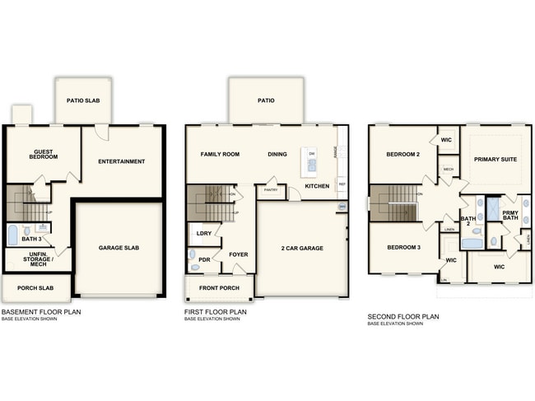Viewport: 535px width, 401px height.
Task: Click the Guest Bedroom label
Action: tap(44, 154)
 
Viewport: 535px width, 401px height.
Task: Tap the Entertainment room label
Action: tap(121, 161)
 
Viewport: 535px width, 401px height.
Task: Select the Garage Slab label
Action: tap(118, 247)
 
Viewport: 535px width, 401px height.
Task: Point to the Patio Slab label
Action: tap(83, 100)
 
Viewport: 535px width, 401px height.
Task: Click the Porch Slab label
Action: tap(35, 288)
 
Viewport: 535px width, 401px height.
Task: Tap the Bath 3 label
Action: tap(31, 239)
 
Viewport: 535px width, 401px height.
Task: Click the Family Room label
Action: tap(220, 154)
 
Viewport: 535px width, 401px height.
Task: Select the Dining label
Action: tap(277, 154)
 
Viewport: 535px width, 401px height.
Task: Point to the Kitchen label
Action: tap(317, 186)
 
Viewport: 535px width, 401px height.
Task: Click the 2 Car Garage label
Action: tap(303, 247)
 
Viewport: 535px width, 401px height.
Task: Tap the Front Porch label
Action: tap(218, 289)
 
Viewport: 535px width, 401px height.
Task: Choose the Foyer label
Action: tap(239, 254)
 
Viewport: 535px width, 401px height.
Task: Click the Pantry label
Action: tap(270, 190)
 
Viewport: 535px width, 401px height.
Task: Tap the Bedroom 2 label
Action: tap(404, 154)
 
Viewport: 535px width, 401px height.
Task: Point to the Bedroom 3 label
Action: tap(404, 247)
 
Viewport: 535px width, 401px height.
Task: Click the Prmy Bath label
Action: tap(510, 215)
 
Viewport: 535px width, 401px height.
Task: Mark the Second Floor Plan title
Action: tap(403, 316)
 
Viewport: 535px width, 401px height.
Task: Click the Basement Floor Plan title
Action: tap(40, 312)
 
